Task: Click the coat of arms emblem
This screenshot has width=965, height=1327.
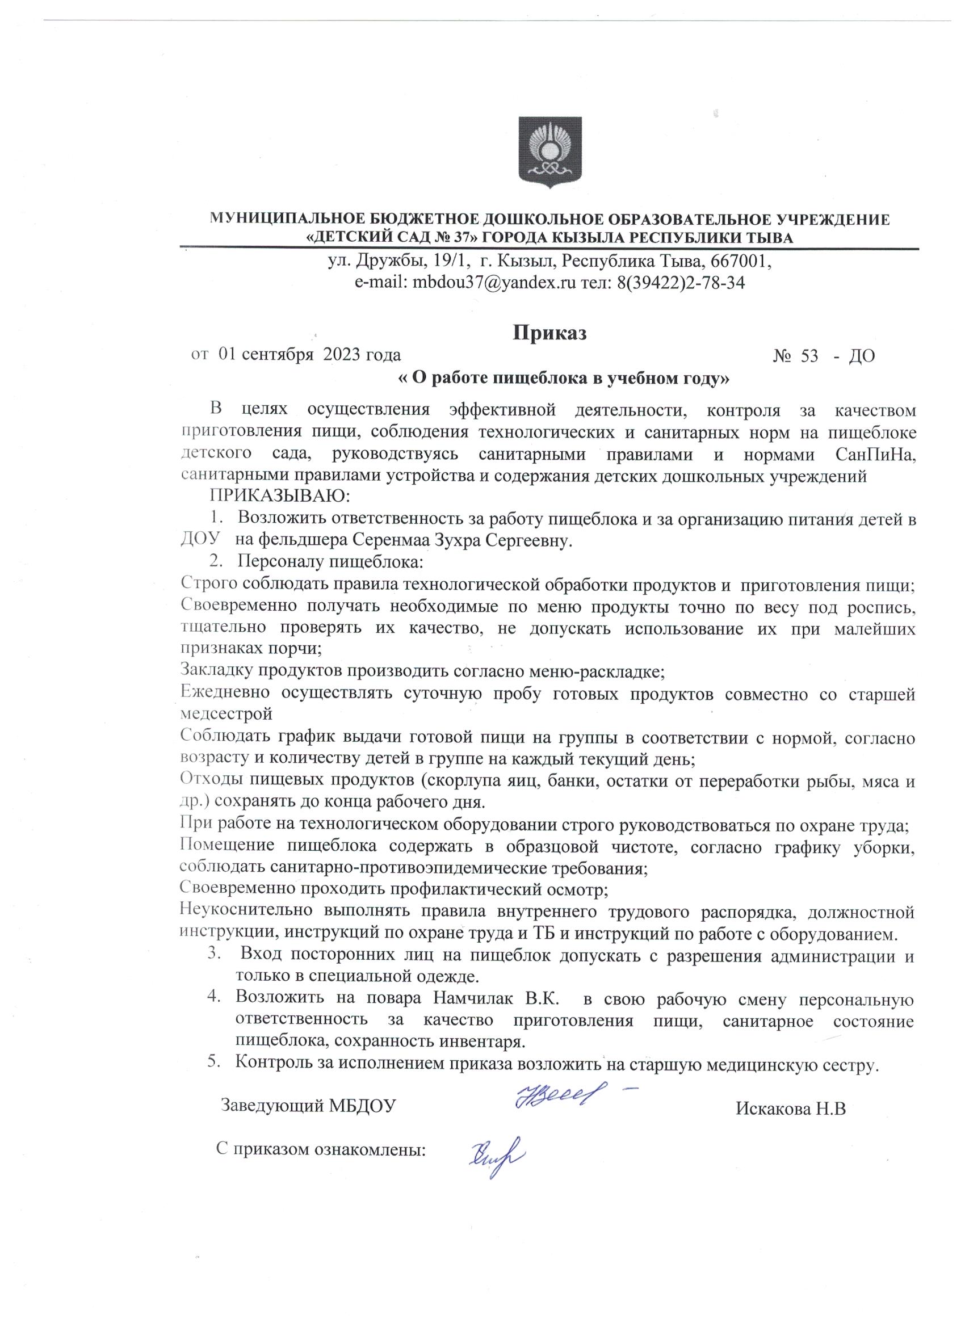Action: (550, 152)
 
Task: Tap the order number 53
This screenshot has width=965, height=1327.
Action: (809, 356)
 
